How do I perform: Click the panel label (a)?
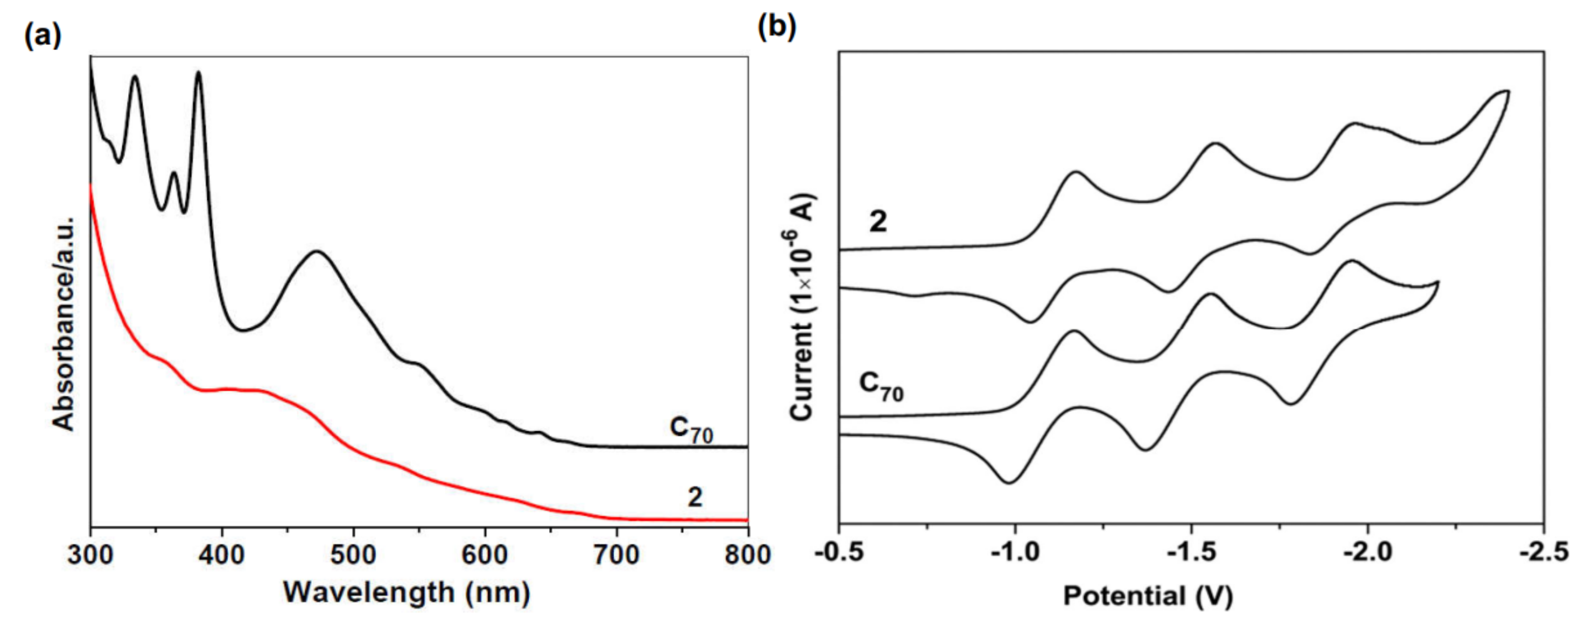(x=42, y=36)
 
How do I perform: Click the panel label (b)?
(x=776, y=27)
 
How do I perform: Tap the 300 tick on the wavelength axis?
(x=91, y=554)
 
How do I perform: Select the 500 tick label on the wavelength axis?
(x=354, y=554)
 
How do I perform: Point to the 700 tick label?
(x=616, y=554)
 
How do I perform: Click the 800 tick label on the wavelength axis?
(x=748, y=554)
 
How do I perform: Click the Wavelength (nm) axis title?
(x=407, y=592)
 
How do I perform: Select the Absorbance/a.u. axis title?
(x=64, y=323)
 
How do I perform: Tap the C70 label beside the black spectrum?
(x=690, y=430)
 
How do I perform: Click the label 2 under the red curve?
(x=695, y=497)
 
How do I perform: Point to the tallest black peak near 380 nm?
(x=199, y=74)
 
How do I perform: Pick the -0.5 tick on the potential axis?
(x=839, y=552)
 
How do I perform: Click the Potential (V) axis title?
(x=1148, y=596)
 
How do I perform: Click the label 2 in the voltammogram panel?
(x=878, y=221)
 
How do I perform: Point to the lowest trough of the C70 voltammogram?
(x=1008, y=482)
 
